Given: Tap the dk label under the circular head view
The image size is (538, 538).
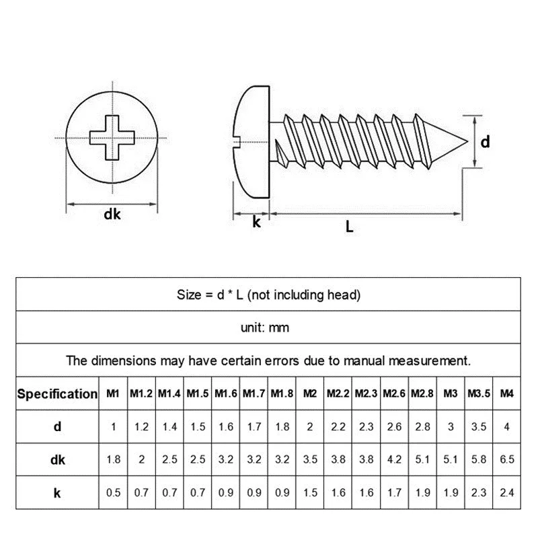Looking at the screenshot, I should (112, 215).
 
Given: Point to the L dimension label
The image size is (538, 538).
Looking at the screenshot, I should (349, 227).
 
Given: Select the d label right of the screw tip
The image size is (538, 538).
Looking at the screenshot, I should (484, 142).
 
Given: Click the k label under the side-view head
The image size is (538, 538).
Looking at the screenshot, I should (256, 223).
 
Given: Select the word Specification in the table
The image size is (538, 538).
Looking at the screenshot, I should (57, 394).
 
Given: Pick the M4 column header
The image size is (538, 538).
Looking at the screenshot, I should (507, 394).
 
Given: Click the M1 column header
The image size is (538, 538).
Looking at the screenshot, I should (114, 394).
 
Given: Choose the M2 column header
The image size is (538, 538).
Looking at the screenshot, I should (310, 394).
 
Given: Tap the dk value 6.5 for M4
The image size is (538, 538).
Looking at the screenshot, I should (507, 459).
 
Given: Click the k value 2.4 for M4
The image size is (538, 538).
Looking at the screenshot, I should (507, 492).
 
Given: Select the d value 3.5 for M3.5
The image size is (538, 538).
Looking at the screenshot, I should (478, 427).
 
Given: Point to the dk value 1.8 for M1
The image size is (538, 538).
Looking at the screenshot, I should (114, 459).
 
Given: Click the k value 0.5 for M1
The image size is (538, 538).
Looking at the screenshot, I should (114, 492).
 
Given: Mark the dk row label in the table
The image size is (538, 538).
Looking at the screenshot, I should (57, 459).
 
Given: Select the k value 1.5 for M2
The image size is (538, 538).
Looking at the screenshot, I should (310, 492).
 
